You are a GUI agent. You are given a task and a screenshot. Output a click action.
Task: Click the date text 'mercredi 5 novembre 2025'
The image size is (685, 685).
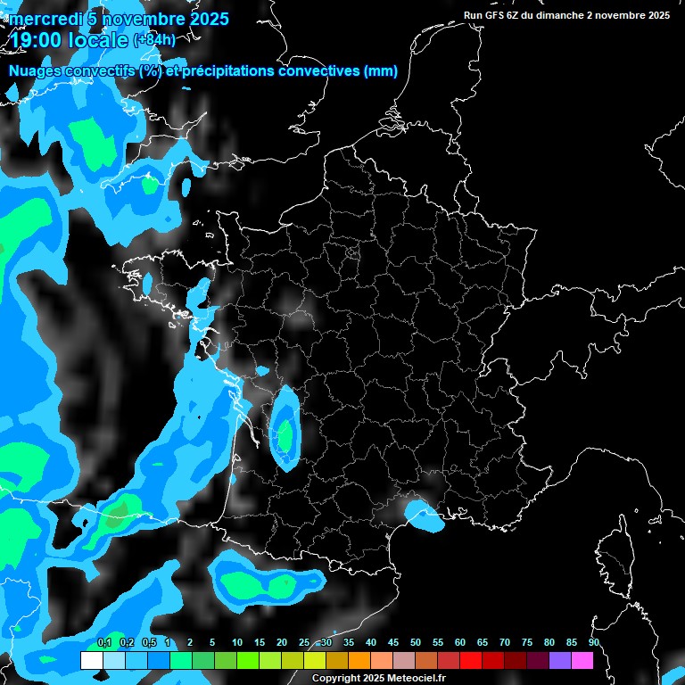(x=119, y=19)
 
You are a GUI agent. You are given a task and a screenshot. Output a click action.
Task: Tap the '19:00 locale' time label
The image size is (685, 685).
(x=70, y=39)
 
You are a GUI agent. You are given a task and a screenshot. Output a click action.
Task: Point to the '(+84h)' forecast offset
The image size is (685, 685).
(x=154, y=39)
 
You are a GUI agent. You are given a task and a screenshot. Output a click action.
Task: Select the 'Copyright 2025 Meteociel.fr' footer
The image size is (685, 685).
(x=380, y=678)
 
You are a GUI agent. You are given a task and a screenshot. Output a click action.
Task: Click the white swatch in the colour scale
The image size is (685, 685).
(x=91, y=660)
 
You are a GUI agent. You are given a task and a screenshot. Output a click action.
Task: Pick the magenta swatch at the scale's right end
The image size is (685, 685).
(x=582, y=660)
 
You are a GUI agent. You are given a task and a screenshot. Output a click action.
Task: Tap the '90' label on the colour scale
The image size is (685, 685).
(x=593, y=642)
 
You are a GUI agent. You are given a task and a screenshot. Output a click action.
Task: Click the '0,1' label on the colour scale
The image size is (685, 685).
(x=104, y=642)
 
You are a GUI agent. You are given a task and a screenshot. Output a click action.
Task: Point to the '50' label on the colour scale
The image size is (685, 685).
(x=416, y=642)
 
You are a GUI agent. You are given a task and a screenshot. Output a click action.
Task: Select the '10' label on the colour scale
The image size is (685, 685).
(x=237, y=642)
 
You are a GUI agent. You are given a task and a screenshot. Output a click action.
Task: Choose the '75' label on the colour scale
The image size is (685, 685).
(x=527, y=642)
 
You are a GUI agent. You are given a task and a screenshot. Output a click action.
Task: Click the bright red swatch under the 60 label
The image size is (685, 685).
(x=470, y=660)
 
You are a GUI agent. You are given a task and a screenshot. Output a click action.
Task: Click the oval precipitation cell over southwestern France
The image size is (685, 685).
(x=285, y=428)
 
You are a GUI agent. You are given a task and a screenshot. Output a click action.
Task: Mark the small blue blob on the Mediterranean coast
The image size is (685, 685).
(x=423, y=516)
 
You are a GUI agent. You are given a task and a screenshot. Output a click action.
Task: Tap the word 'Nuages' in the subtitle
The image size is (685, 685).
(x=37, y=71)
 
